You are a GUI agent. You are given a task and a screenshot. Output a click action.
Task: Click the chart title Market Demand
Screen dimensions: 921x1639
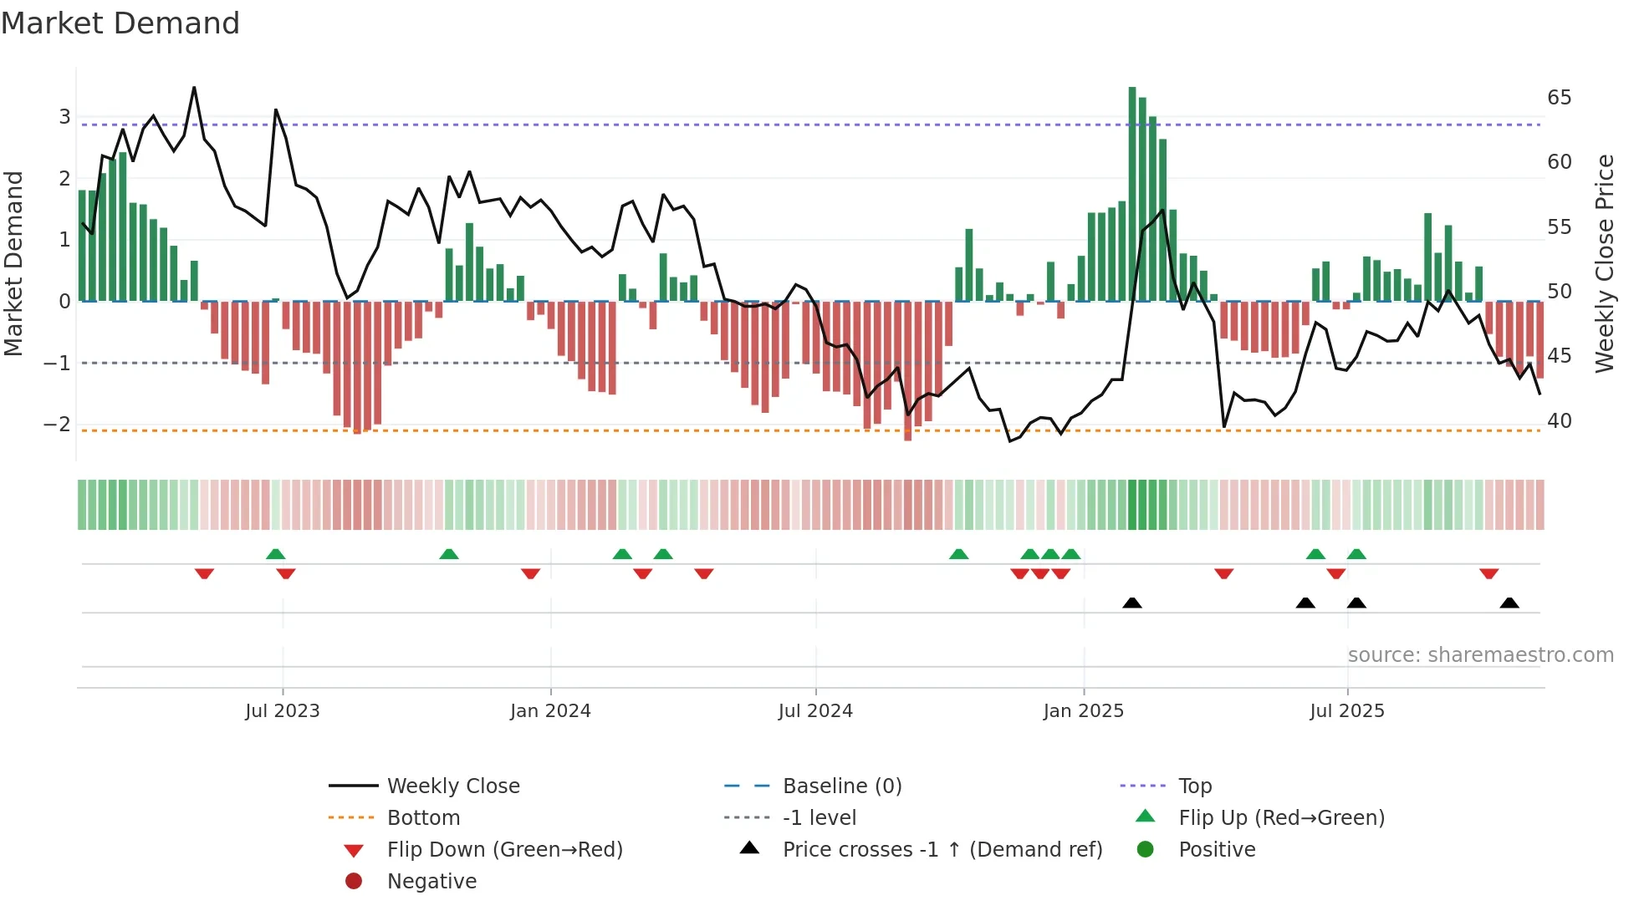point(120,23)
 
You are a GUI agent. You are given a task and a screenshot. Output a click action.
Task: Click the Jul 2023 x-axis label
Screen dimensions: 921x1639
point(283,710)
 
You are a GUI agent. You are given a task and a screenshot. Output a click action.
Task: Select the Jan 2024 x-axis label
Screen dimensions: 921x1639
point(550,710)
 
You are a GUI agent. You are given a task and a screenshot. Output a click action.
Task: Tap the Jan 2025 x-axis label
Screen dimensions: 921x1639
point(1084,710)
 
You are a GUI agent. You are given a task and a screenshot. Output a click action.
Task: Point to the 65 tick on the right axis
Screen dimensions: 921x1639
point(1559,98)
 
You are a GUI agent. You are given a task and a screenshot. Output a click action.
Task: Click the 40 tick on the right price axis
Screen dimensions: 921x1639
point(1559,420)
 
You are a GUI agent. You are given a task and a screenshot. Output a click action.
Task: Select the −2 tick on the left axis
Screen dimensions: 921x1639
point(58,424)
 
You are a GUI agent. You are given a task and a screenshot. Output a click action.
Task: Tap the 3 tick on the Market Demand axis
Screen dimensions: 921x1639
point(64,116)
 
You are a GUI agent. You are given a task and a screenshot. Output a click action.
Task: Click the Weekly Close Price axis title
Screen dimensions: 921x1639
point(1604,263)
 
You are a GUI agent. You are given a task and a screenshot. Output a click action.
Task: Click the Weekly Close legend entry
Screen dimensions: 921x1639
point(452,786)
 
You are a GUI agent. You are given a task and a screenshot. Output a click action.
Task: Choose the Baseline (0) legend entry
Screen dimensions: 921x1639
point(841,786)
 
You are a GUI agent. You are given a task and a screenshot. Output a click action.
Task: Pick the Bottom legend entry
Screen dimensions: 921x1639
point(423,817)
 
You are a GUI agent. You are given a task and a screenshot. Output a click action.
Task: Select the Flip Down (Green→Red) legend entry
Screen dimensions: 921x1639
point(504,849)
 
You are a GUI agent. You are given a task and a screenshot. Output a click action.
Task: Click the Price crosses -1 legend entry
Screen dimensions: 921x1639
point(942,849)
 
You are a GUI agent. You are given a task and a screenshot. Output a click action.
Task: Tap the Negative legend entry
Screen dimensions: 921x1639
point(431,881)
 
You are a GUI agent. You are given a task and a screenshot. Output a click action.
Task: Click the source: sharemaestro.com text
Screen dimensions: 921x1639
point(1480,654)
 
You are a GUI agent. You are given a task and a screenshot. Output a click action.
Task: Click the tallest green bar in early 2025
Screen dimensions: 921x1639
point(1132,192)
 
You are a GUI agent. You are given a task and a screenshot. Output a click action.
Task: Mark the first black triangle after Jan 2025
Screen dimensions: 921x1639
point(1132,603)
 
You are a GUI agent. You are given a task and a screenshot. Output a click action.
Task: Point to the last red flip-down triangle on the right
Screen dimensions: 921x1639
point(1488,573)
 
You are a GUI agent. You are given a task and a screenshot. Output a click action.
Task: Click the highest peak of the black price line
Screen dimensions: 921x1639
point(194,88)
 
